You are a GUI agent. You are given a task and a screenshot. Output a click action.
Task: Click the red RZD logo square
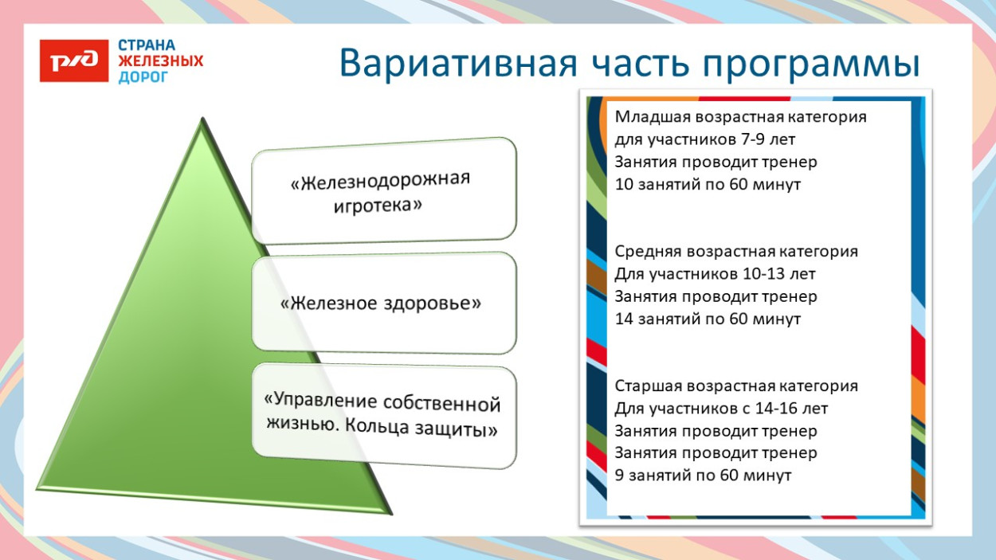click(x=74, y=61)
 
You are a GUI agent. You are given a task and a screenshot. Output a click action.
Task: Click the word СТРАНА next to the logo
click(x=147, y=45)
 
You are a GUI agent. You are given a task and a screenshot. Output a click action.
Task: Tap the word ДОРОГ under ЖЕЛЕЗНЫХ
click(x=143, y=77)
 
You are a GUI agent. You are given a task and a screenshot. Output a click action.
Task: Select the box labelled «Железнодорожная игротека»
click(x=383, y=190)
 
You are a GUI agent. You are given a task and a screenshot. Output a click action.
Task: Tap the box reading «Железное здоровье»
click(x=383, y=303)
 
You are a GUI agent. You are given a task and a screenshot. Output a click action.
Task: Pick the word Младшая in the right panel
click(x=652, y=117)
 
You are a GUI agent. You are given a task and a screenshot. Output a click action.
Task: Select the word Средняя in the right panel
click(x=649, y=252)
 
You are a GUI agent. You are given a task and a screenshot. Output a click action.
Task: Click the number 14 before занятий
click(x=625, y=319)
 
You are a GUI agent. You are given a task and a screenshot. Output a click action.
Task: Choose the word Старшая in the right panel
click(x=649, y=386)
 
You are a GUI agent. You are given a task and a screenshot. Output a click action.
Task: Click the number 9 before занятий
click(x=620, y=476)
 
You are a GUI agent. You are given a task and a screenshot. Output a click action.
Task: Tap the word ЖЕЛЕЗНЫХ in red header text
click(x=161, y=61)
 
